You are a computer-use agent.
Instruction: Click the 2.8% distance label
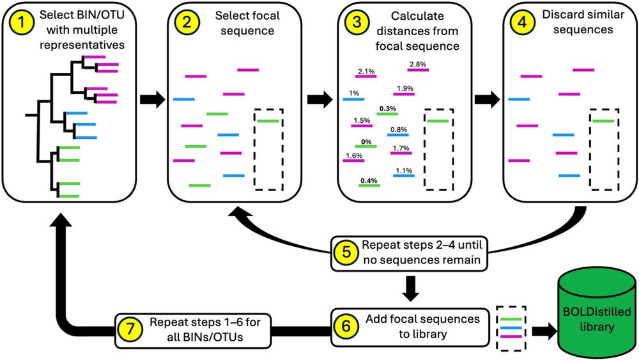pyautogui.click(x=417, y=64)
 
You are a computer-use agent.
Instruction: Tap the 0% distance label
pyautogui.click(x=366, y=141)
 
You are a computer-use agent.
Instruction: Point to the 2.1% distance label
pyautogui.click(x=366, y=71)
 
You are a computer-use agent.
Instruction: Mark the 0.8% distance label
pyautogui.click(x=398, y=130)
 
